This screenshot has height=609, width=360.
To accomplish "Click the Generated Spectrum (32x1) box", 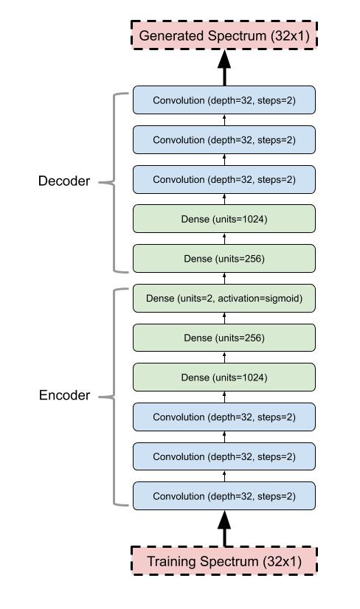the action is (224, 35).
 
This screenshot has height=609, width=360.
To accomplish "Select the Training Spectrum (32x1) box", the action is (224, 561).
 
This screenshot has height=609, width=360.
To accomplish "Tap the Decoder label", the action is (64, 181).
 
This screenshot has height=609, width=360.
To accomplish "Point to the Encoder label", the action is (64, 395).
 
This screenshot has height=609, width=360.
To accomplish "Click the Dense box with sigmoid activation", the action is (224, 299).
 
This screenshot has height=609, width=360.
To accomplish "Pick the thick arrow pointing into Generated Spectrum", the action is (224, 68).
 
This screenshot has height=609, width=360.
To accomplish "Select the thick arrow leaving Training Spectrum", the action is (224, 528).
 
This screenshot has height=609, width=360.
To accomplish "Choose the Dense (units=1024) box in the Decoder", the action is (224, 219).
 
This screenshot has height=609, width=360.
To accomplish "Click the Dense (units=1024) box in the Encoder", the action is (224, 377).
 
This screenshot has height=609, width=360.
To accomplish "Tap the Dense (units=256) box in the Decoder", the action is (224, 259).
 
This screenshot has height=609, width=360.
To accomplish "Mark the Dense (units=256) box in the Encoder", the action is (224, 338).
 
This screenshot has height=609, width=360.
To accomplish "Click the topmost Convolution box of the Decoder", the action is (224, 100).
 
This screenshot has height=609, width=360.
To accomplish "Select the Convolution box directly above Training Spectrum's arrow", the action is (224, 496).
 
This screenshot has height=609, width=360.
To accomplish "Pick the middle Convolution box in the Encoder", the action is (224, 456).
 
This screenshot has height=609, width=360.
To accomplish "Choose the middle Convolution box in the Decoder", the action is (224, 140).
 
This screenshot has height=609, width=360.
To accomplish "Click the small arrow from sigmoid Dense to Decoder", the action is (224, 279).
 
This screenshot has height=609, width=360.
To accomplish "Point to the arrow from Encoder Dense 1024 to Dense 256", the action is (224, 358).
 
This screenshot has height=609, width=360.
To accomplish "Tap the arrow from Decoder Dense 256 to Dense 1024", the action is (224, 239).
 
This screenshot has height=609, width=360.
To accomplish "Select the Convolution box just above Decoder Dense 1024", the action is (224, 179).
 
